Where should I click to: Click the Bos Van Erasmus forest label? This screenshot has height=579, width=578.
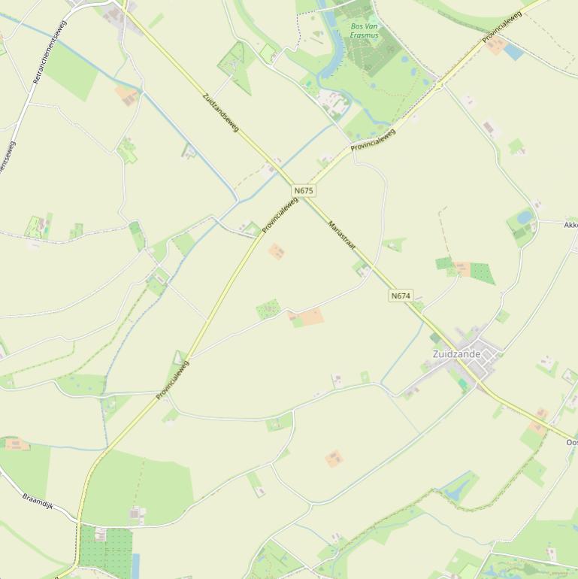[x=364, y=30]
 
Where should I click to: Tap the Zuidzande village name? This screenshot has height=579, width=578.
[x=456, y=353]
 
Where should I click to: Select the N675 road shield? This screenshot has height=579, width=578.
[x=304, y=191]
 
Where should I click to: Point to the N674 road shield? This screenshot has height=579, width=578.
[x=401, y=296]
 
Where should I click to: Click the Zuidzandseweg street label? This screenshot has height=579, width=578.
[x=220, y=113]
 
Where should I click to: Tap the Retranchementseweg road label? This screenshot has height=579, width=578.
[x=50, y=51]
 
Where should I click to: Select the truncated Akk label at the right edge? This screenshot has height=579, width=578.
[x=570, y=225]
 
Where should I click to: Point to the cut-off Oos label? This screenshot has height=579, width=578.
[x=572, y=443]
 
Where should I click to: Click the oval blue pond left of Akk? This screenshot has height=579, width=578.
[x=524, y=218]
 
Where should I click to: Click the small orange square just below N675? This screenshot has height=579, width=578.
[x=277, y=251]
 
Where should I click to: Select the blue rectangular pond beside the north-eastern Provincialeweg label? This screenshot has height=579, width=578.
[x=513, y=52]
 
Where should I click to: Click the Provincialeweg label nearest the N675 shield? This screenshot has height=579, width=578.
[x=280, y=215]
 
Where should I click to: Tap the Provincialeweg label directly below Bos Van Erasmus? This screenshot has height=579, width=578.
[x=373, y=140]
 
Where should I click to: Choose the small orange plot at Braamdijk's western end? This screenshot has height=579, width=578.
[x=16, y=444]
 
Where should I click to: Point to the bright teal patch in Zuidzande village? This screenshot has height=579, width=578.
[x=463, y=384]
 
